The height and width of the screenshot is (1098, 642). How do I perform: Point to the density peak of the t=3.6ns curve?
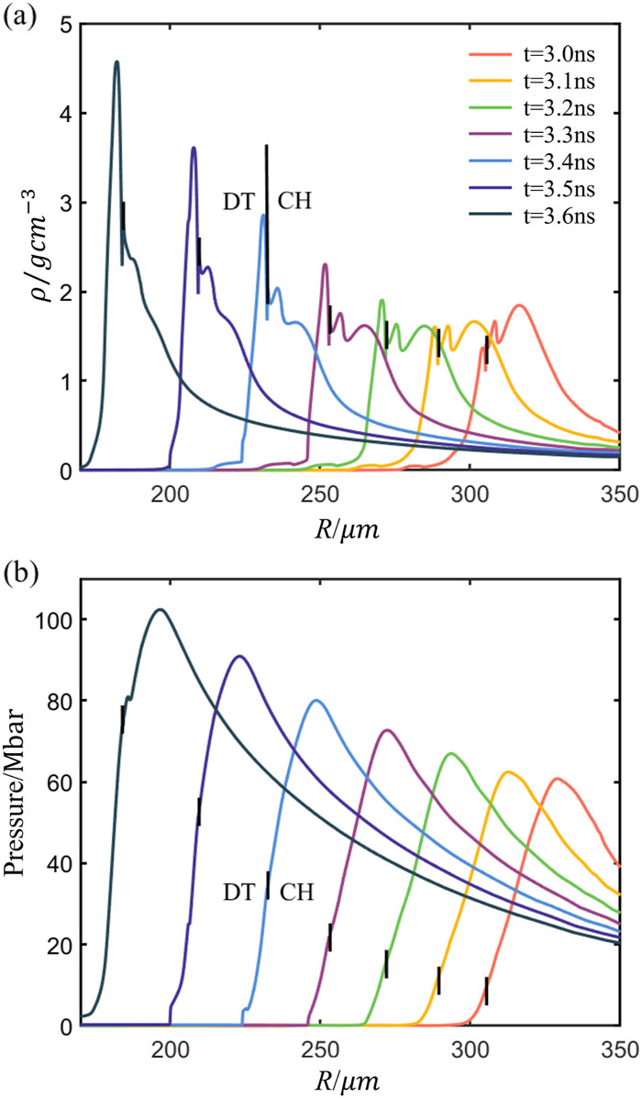[116, 62]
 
